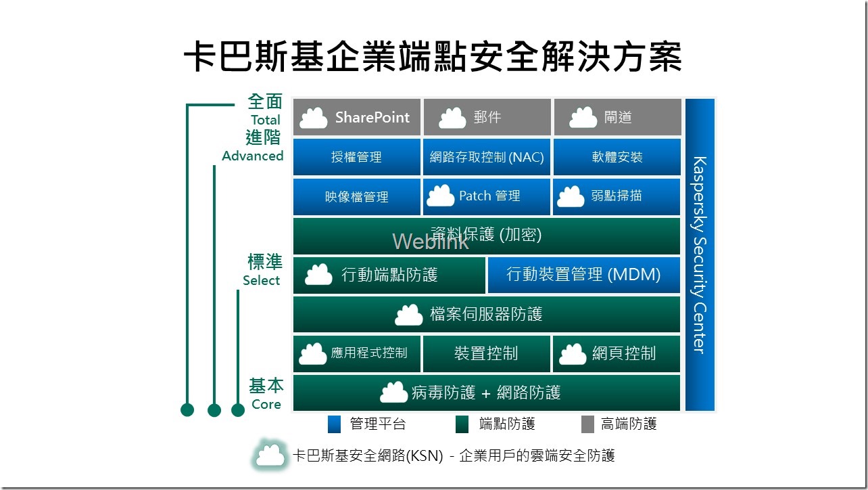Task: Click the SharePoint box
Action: tap(356, 117)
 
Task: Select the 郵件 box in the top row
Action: tap(487, 117)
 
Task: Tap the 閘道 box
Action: tap(617, 117)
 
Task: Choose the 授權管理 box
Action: tap(356, 157)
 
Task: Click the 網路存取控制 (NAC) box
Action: tap(487, 157)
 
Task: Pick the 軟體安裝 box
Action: tap(617, 157)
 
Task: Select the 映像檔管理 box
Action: tap(356, 197)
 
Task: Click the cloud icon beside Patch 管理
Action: tap(441, 196)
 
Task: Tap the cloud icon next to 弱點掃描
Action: tap(571, 196)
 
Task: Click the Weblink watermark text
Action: tap(430, 242)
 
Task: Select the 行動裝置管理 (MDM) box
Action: tap(583, 275)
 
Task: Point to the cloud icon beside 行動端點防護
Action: tap(318, 275)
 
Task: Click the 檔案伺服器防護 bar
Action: tap(486, 314)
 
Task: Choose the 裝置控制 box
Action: tap(487, 353)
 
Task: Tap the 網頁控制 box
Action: tap(617, 353)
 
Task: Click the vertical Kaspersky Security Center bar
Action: tap(700, 254)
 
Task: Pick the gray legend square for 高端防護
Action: tap(587, 424)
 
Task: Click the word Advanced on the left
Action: tap(252, 156)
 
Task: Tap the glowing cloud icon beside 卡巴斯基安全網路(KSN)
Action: tap(270, 455)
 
